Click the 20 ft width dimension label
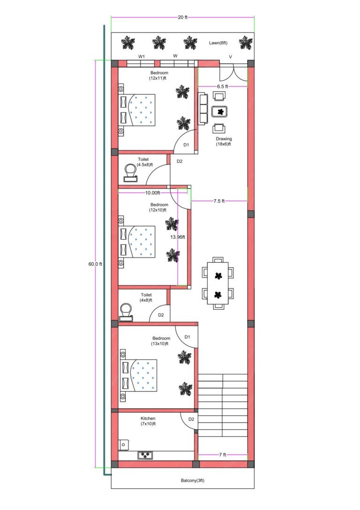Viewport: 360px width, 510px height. pyautogui.click(x=182, y=18)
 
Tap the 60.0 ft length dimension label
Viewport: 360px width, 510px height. pyautogui.click(x=95, y=264)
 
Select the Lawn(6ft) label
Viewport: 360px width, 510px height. pyautogui.click(x=218, y=43)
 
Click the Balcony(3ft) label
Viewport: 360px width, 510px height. pyautogui.click(x=193, y=480)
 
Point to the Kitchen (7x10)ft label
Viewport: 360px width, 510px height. pyautogui.click(x=148, y=421)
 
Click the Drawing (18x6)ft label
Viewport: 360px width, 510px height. pyautogui.click(x=224, y=142)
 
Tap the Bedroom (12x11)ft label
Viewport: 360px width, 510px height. pyautogui.click(x=159, y=76)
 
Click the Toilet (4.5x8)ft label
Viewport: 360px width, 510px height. pyautogui.click(x=143, y=162)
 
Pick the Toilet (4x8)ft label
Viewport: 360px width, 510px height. pyautogui.click(x=146, y=297)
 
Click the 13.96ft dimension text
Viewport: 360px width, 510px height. pyautogui.click(x=178, y=237)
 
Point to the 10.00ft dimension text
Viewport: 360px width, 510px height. pyautogui.click(x=152, y=193)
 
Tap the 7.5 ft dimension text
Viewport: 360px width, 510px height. pyautogui.click(x=219, y=201)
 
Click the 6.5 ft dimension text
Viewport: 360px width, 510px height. pyautogui.click(x=223, y=87)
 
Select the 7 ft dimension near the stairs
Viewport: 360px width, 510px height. pyautogui.click(x=223, y=455)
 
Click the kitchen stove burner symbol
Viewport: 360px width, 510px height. pyautogui.click(x=145, y=455)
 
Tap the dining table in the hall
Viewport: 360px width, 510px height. pyautogui.click(x=218, y=283)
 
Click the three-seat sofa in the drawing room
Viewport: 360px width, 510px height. pyautogui.click(x=203, y=109)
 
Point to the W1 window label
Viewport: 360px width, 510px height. pyautogui.click(x=141, y=56)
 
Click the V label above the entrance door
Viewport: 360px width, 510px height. pyautogui.click(x=230, y=57)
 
